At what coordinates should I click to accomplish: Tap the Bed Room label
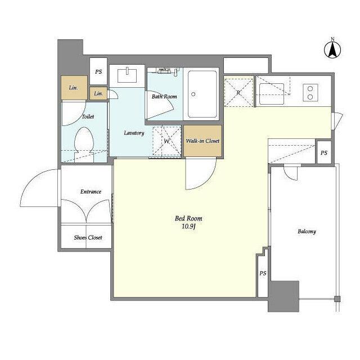(188, 218)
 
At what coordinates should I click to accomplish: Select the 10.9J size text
(188, 227)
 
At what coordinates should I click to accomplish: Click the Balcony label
(307, 231)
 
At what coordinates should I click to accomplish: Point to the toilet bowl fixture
(84, 143)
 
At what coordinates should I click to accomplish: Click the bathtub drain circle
(193, 94)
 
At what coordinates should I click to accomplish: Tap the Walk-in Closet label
(202, 141)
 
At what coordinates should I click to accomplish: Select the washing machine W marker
(167, 141)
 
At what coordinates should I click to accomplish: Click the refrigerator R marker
(238, 93)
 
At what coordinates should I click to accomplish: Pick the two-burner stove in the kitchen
(310, 93)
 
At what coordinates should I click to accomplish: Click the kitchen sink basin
(272, 94)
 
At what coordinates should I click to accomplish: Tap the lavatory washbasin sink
(127, 75)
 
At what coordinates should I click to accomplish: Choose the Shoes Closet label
(88, 237)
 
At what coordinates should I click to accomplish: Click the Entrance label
(91, 192)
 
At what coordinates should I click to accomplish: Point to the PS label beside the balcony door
(324, 153)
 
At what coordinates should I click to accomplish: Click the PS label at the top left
(98, 72)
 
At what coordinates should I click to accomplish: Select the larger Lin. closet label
(74, 88)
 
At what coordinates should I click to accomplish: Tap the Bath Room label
(164, 97)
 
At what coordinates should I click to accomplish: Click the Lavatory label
(134, 133)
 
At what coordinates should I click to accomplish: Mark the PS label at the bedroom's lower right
(263, 273)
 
